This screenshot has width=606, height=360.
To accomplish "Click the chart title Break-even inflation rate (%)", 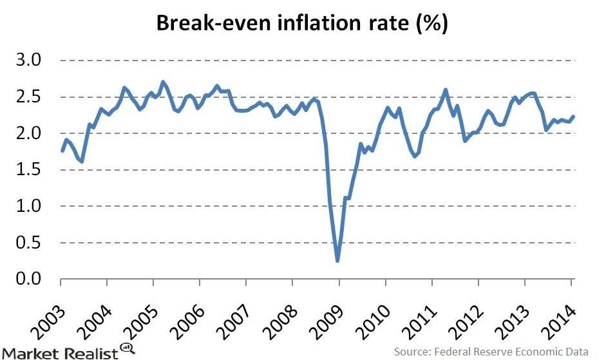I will [303, 25].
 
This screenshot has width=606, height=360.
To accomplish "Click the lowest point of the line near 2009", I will [337, 261].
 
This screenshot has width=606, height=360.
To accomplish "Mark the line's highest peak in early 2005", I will [163, 82].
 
